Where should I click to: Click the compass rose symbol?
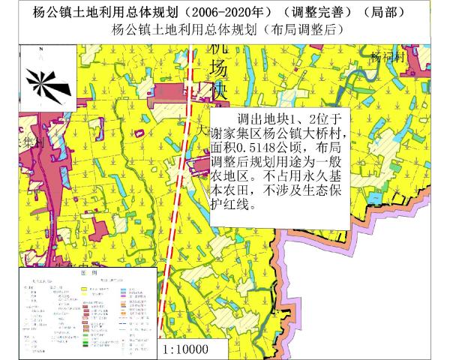coord(46,82)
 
